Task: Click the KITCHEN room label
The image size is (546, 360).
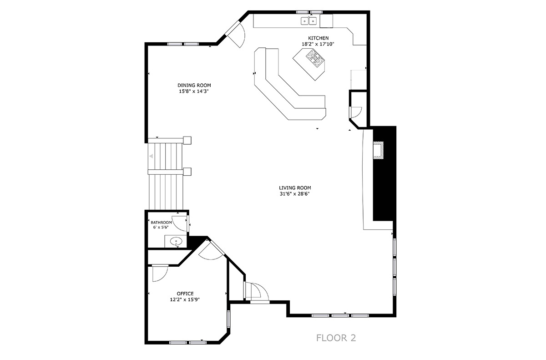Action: point(318,38)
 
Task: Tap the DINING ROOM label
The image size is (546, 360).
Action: point(194,85)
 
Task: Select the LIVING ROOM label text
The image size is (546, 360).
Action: point(295,188)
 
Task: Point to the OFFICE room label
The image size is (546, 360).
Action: point(185,294)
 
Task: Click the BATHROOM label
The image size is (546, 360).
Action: point(161,223)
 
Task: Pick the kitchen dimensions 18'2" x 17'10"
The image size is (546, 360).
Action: point(318,44)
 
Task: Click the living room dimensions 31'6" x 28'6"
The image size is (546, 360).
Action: point(295,194)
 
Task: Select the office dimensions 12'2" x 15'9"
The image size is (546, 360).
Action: point(185,299)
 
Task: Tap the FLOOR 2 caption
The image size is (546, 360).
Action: point(336,338)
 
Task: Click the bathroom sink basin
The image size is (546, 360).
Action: point(176,242)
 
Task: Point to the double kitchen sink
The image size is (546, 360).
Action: point(309,21)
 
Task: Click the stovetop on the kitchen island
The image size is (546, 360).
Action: point(316,58)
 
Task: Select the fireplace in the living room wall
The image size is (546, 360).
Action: point(378,150)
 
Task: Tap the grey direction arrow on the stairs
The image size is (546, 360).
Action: point(151,156)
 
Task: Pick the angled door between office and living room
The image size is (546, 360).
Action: point(212,250)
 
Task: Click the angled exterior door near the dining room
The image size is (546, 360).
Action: point(236,34)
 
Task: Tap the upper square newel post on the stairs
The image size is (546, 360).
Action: point(187,140)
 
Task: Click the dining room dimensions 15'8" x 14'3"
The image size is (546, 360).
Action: point(194,91)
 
